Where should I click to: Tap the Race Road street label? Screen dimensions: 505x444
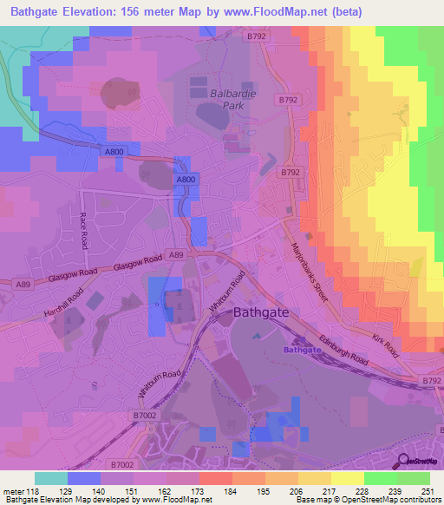coord(84,231)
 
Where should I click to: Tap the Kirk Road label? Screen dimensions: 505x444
coord(387,344)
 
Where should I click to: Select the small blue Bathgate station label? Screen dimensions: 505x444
coord(303,350)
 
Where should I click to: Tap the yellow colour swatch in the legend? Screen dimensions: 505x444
coord(348,478)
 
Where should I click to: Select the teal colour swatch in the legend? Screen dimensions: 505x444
coord(51,478)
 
